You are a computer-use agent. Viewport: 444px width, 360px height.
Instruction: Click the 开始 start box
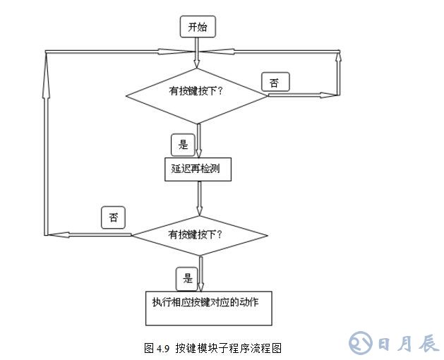click(198, 28)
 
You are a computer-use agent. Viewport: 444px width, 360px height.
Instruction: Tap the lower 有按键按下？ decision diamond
click(199, 234)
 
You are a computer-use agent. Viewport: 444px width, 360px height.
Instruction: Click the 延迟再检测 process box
click(196, 170)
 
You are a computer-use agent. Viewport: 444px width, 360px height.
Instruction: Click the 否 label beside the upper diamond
click(274, 83)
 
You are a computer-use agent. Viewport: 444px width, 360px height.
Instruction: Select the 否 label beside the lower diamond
click(113, 217)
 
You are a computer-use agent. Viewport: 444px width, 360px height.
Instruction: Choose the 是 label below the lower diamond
click(187, 277)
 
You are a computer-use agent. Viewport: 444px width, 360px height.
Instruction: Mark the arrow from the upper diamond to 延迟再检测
click(198, 141)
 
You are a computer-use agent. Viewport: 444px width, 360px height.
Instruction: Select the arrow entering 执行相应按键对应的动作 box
click(201, 275)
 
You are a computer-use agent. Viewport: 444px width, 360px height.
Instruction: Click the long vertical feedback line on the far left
click(47, 141)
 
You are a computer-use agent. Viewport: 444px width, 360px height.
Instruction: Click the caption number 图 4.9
click(157, 347)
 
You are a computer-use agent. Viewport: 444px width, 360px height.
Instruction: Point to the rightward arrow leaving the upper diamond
click(304, 94)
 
